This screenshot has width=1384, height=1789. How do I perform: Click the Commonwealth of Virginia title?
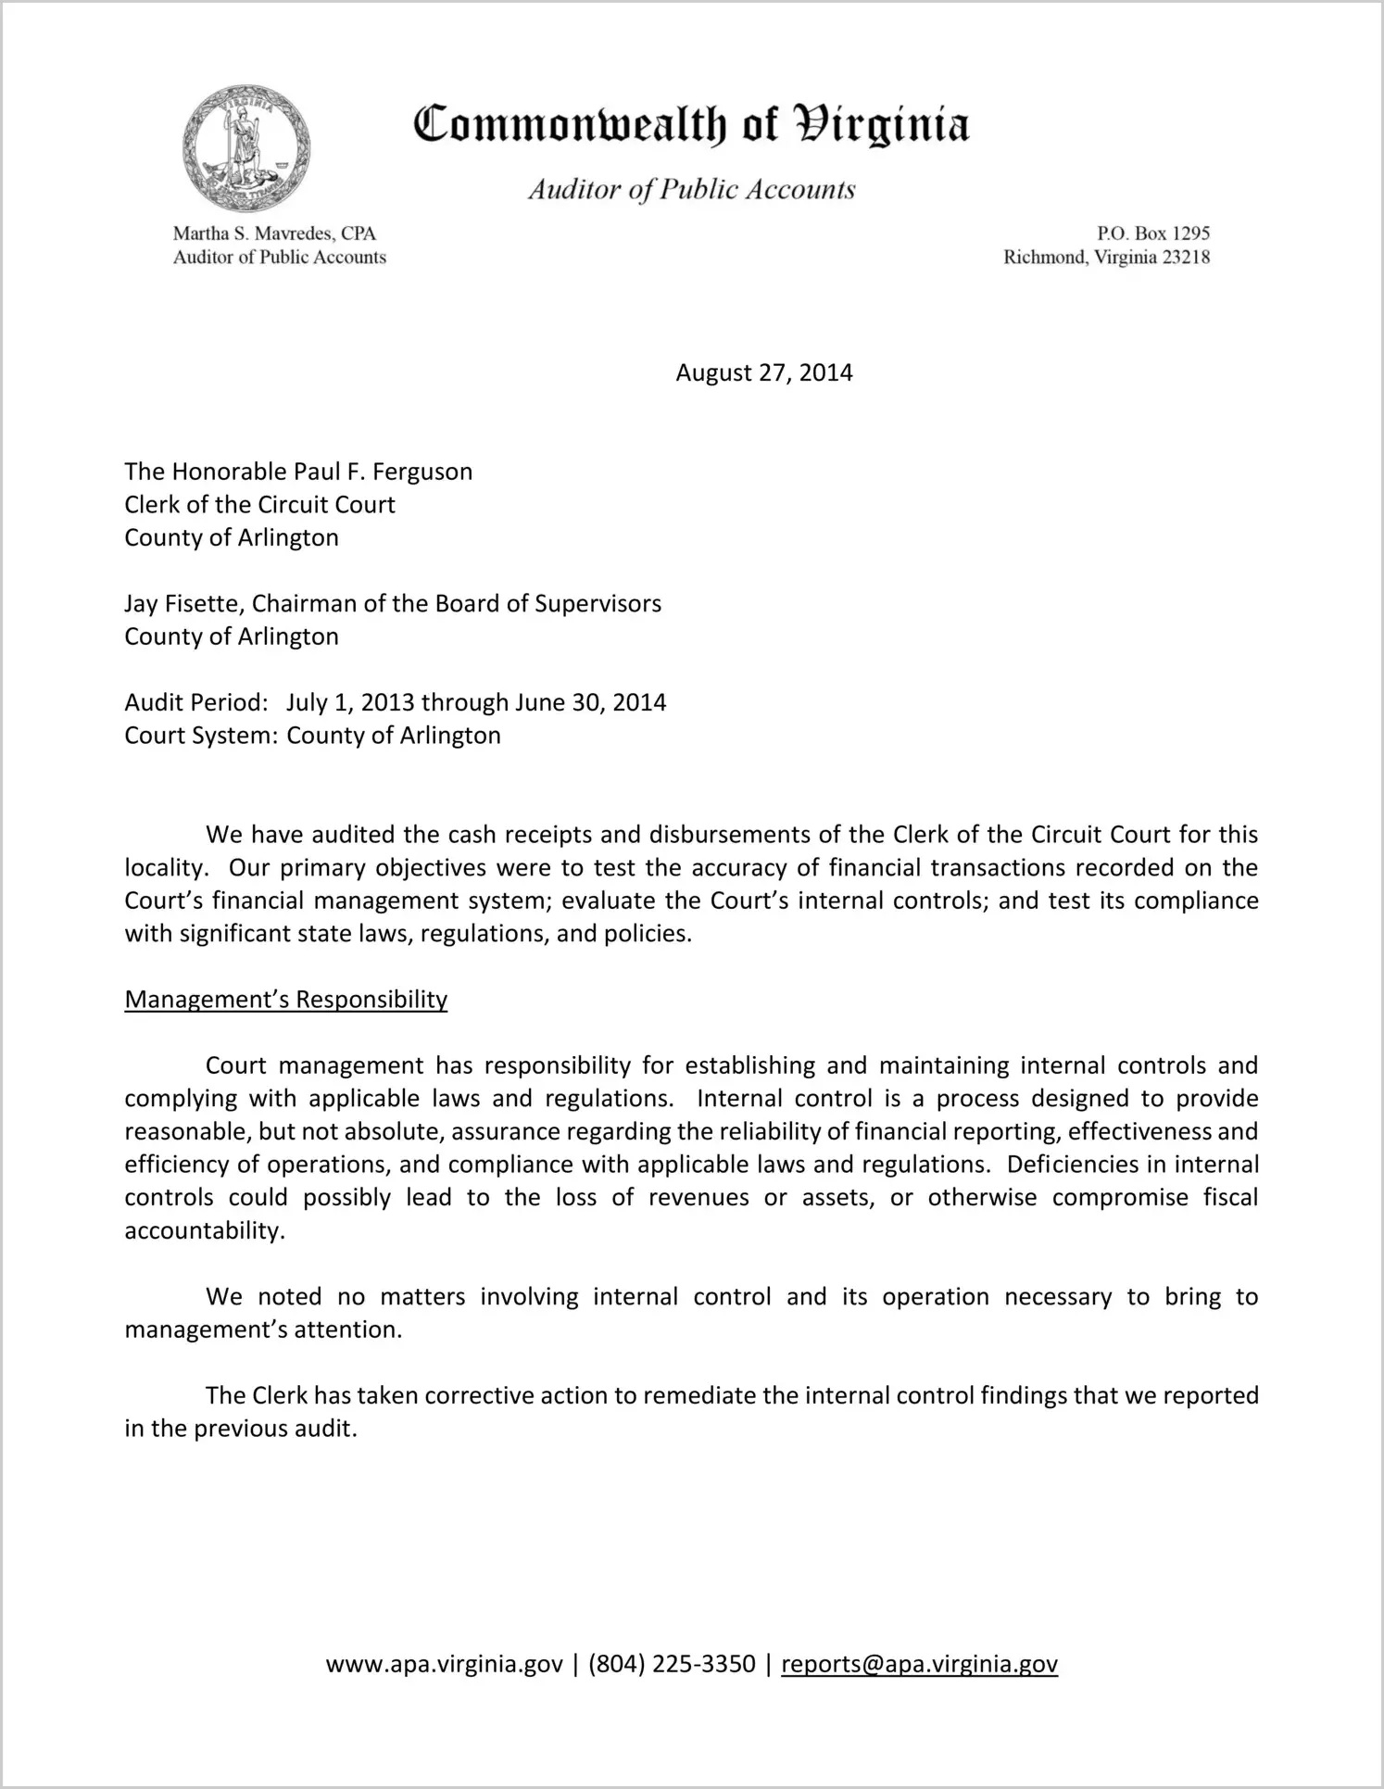click(x=691, y=125)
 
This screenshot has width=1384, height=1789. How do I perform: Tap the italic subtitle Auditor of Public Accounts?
click(x=691, y=190)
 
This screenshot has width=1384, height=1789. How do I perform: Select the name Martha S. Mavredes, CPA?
click(x=274, y=233)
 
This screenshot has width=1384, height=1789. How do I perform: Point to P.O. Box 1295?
click(x=1152, y=233)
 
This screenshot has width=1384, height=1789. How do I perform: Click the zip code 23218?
click(x=1186, y=258)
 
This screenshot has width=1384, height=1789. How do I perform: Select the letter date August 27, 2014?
click(x=763, y=372)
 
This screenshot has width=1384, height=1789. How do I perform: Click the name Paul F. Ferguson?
click(x=383, y=472)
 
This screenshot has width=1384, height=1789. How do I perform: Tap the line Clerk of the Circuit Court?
click(x=259, y=505)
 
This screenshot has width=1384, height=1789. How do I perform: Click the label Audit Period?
click(x=196, y=702)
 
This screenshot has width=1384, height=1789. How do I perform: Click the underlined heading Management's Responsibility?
click(x=285, y=1000)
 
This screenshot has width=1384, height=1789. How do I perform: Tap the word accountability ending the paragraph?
click(x=203, y=1231)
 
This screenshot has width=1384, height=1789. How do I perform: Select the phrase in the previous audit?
click(x=240, y=1429)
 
